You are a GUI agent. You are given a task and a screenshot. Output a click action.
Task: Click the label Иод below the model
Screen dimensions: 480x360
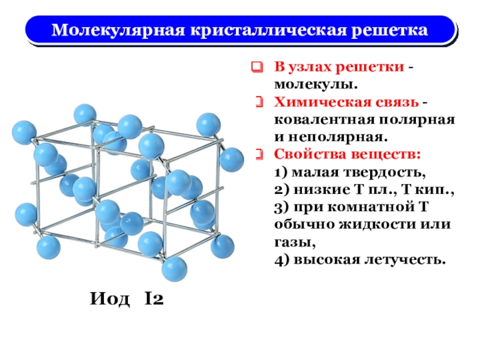[110, 298]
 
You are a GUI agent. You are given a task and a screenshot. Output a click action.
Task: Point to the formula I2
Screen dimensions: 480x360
[154, 298]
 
